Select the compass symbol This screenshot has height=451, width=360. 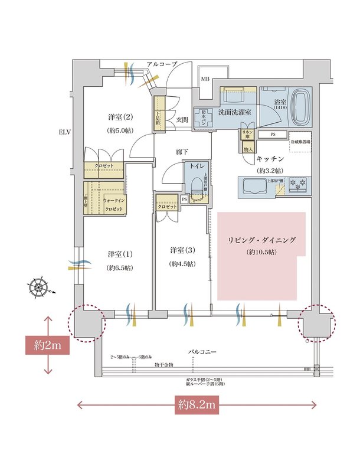point(40,288)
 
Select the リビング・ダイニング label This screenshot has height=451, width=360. point(261,240)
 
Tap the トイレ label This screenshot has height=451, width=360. point(195,167)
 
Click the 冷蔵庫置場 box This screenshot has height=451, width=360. point(300,142)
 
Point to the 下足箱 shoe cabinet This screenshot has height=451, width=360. point(159,110)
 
